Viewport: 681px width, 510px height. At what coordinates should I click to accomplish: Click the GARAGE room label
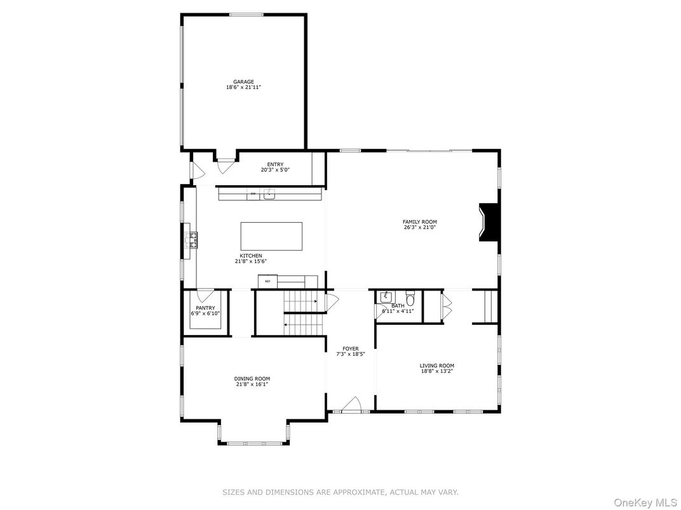click(x=243, y=82)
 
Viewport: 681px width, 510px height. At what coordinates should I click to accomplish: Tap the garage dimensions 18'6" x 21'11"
click(x=243, y=88)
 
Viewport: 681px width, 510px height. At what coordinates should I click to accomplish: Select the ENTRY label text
click(x=275, y=164)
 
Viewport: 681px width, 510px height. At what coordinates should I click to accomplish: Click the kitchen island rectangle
click(x=271, y=236)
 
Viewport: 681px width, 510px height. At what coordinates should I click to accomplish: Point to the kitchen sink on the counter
click(x=269, y=193)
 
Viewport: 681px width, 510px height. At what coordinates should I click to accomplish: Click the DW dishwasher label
click(x=253, y=193)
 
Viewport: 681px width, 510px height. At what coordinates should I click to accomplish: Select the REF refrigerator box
click(x=267, y=281)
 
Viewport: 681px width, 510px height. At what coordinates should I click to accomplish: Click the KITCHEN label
click(x=250, y=256)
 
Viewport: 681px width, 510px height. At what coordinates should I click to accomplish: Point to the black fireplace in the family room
click(x=488, y=222)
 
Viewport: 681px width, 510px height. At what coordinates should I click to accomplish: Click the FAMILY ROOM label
click(x=419, y=221)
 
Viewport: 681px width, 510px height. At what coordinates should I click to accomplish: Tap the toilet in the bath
click(x=410, y=298)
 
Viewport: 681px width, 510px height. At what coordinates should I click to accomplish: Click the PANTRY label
click(x=205, y=308)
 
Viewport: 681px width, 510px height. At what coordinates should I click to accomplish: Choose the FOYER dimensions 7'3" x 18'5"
click(x=350, y=354)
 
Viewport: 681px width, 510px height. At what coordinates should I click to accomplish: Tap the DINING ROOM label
click(x=252, y=379)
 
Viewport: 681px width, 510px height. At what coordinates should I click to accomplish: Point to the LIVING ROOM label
click(x=436, y=365)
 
